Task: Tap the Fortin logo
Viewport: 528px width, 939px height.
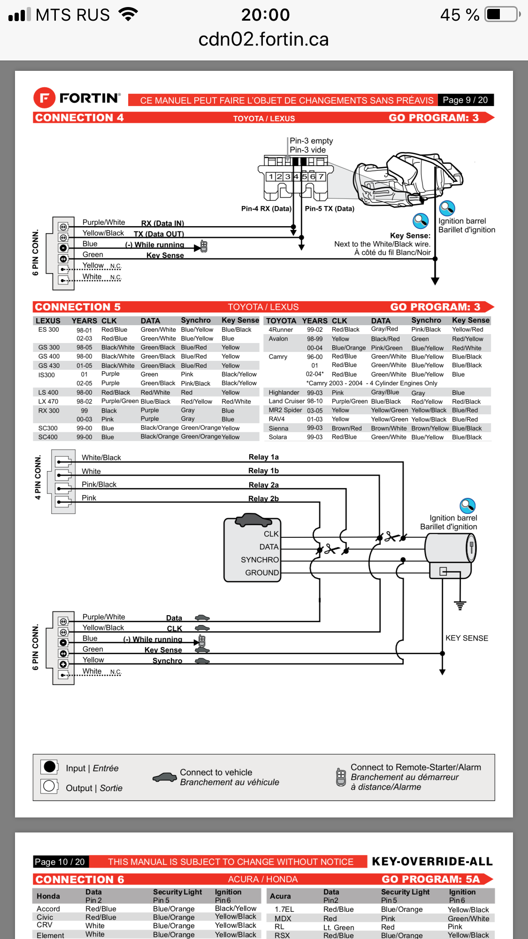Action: click(x=77, y=98)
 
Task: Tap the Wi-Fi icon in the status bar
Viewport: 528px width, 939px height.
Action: click(x=128, y=14)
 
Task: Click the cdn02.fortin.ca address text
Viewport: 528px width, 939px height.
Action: click(x=263, y=39)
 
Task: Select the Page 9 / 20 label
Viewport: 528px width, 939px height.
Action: click(x=465, y=100)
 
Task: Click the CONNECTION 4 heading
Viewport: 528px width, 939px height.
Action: click(x=79, y=118)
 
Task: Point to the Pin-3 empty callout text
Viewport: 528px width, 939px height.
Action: click(x=311, y=141)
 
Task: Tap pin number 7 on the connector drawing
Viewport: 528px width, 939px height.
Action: click(x=321, y=177)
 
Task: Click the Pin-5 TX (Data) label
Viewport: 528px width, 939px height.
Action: click(x=329, y=208)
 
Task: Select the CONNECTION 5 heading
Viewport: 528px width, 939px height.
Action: click(x=78, y=307)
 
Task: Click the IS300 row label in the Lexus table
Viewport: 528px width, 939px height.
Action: click(x=46, y=375)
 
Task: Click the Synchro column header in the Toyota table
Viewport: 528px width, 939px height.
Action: click(x=426, y=320)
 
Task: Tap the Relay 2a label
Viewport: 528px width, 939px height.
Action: click(x=263, y=485)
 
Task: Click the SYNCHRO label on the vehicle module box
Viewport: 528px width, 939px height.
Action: click(x=260, y=560)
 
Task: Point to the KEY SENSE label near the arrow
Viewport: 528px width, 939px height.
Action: click(x=467, y=638)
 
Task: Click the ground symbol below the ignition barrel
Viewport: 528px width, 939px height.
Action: click(x=460, y=605)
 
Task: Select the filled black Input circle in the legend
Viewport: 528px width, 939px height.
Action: click(x=49, y=767)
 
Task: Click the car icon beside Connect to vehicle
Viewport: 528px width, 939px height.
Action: click(x=164, y=778)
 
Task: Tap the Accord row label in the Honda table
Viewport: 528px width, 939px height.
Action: click(x=48, y=909)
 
